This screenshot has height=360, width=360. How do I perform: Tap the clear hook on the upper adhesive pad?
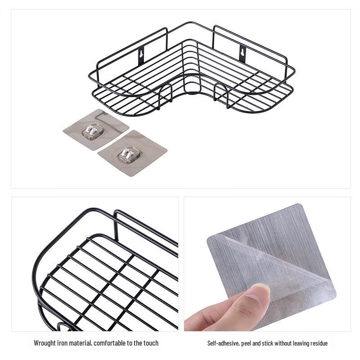point(92,131)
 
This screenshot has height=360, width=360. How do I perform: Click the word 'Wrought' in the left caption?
point(46,343)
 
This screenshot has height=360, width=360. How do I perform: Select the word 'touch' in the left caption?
point(151,343)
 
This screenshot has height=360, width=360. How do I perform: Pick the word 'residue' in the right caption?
point(318,343)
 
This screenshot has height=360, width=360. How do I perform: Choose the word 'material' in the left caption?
point(83,343)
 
